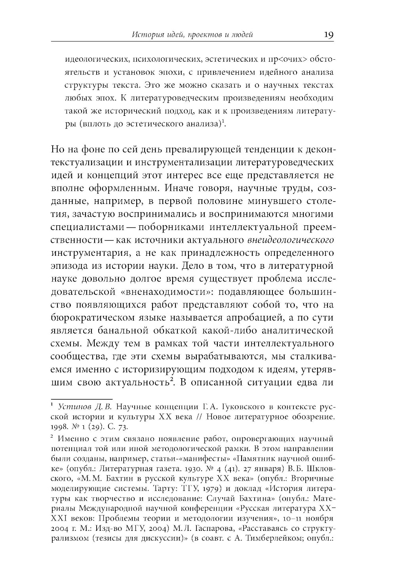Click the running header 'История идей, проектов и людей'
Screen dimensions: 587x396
click(x=192, y=35)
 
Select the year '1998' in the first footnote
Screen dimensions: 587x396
click(x=59, y=427)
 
